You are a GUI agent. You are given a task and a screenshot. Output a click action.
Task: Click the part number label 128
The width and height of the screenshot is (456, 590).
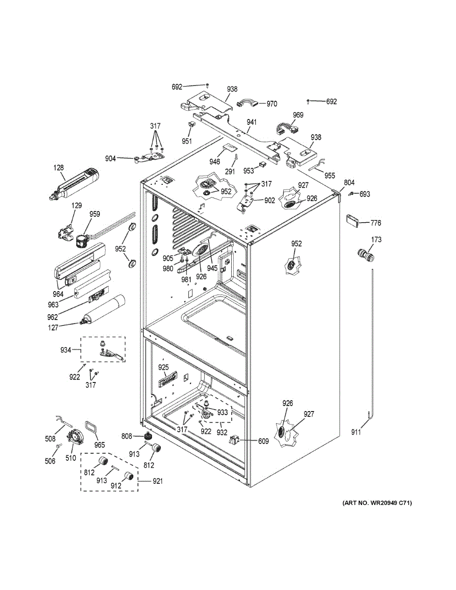pyautogui.click(x=59, y=168)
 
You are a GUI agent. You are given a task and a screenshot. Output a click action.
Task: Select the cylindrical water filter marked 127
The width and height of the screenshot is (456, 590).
pyautogui.click(x=103, y=309)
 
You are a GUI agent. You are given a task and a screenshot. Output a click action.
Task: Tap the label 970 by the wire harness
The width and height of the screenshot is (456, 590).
pyautogui.click(x=272, y=104)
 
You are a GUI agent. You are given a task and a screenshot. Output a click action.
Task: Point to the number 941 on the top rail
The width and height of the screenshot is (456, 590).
pyautogui.click(x=251, y=122)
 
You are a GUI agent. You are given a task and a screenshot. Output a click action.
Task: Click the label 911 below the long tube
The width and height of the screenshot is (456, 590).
pyautogui.click(x=356, y=432)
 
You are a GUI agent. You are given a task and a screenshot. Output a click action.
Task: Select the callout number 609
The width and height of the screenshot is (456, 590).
pyautogui.click(x=263, y=442)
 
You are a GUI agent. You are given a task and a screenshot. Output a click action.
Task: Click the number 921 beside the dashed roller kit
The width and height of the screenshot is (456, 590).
pyautogui.click(x=157, y=481)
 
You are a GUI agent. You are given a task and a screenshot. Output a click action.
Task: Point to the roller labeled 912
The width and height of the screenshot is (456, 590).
pyautogui.click(x=129, y=476)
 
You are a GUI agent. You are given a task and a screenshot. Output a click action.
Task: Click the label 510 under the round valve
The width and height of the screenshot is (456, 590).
pyautogui.click(x=71, y=458)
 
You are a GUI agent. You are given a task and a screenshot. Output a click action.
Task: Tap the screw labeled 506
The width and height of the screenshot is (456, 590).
pyautogui.click(x=59, y=445)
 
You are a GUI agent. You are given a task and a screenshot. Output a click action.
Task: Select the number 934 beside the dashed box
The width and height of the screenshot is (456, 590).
pyautogui.click(x=66, y=350)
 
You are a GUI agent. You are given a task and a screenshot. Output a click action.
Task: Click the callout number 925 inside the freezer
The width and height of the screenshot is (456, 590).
pyautogui.click(x=163, y=367)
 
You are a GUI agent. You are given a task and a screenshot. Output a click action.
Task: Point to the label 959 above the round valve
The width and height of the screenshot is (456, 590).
pyautogui.click(x=94, y=214)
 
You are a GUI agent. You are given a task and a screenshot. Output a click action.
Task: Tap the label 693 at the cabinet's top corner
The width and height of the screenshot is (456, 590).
pyautogui.click(x=365, y=194)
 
